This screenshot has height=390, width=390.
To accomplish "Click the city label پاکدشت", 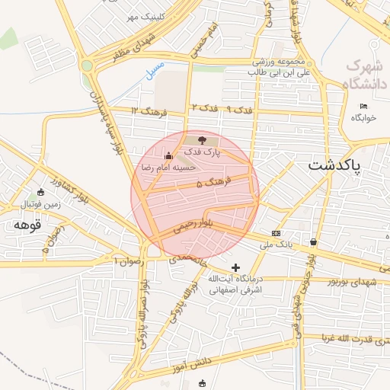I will click(x=335, y=165).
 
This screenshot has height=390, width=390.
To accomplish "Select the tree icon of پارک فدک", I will click(x=202, y=140).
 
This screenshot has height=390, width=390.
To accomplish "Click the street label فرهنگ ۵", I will click(x=210, y=184).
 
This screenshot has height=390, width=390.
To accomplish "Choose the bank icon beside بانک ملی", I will click(x=276, y=233).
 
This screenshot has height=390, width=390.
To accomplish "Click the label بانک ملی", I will click(x=276, y=245).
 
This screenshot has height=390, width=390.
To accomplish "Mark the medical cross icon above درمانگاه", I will click(x=236, y=267).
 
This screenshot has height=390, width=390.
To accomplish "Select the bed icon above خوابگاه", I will click(x=363, y=106).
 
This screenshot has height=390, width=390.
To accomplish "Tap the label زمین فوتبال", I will click(x=39, y=205).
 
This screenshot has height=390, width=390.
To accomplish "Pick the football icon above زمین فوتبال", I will click(x=40, y=193).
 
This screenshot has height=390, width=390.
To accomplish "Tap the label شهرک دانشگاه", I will click(x=366, y=74).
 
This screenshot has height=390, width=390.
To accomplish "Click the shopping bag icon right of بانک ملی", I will click(x=313, y=241).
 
